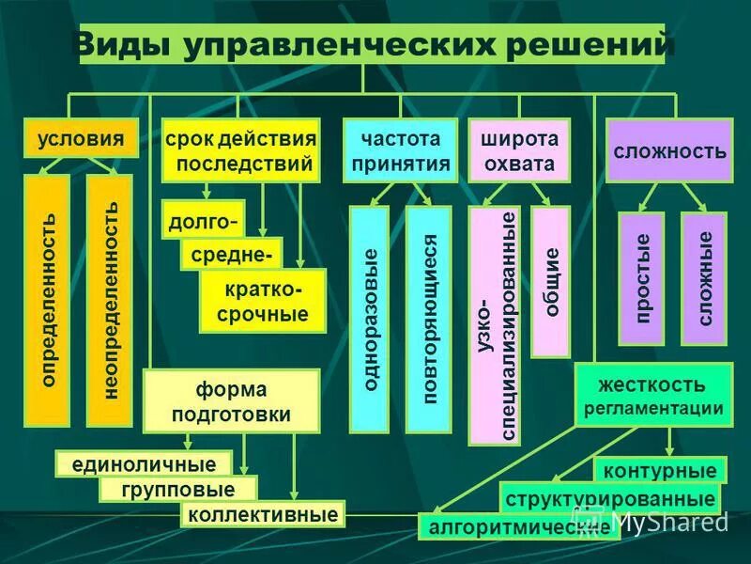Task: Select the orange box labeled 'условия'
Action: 81,139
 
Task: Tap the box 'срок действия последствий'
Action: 241,150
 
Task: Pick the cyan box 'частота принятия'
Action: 400,150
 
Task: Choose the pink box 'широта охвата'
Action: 519,150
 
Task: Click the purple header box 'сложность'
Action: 668,150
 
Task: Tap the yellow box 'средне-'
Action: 231,254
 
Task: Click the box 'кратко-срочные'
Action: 263,301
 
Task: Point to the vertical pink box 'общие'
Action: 550,282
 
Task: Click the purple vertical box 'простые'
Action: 642,279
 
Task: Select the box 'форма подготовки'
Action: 231,401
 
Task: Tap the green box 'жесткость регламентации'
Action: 653,395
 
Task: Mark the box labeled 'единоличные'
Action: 143,463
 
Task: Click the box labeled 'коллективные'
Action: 263,514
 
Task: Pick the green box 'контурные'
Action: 660,470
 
